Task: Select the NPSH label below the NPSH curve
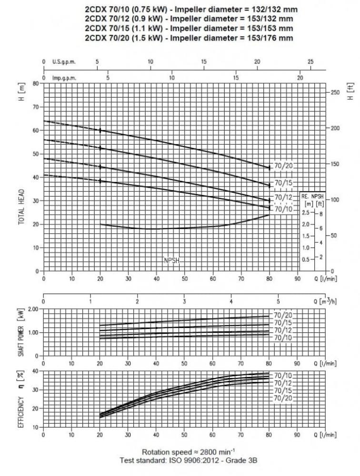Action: point(171,260)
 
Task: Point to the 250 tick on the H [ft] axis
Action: point(335,92)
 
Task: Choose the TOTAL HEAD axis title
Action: point(22,208)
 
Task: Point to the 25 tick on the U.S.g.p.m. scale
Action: point(310,62)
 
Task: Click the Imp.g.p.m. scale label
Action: point(64,78)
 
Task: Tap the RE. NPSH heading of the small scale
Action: point(312,196)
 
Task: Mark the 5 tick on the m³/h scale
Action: point(279,301)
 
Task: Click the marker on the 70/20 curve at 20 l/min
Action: point(100,130)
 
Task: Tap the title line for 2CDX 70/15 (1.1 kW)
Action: point(189,29)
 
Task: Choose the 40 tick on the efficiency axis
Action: point(35,371)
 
